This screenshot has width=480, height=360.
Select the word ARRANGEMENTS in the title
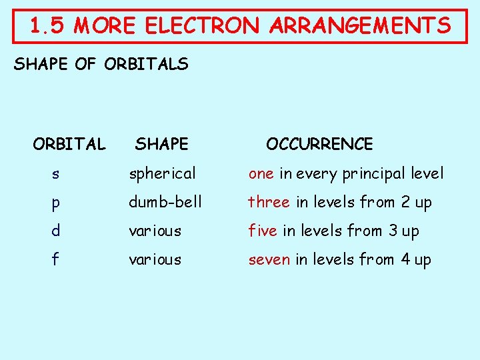click(360, 26)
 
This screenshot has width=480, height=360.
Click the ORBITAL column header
click(69, 144)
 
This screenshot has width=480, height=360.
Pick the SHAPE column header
click(162, 144)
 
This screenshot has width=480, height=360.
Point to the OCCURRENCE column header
click(319, 144)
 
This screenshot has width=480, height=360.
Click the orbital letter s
click(55, 174)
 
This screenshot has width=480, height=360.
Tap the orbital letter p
click(55, 203)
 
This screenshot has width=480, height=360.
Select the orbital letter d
click(55, 231)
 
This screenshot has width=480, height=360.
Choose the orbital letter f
click(55, 259)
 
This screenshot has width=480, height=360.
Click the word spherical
click(163, 174)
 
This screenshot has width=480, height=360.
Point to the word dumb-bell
click(165, 201)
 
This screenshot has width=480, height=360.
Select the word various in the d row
click(155, 231)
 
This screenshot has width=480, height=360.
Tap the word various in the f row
click(155, 259)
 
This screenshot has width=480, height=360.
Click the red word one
click(261, 174)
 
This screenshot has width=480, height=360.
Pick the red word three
click(269, 201)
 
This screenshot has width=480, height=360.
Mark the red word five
click(263, 231)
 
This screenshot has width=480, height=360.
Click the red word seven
click(269, 259)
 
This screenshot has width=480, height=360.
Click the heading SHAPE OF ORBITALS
click(101, 65)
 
